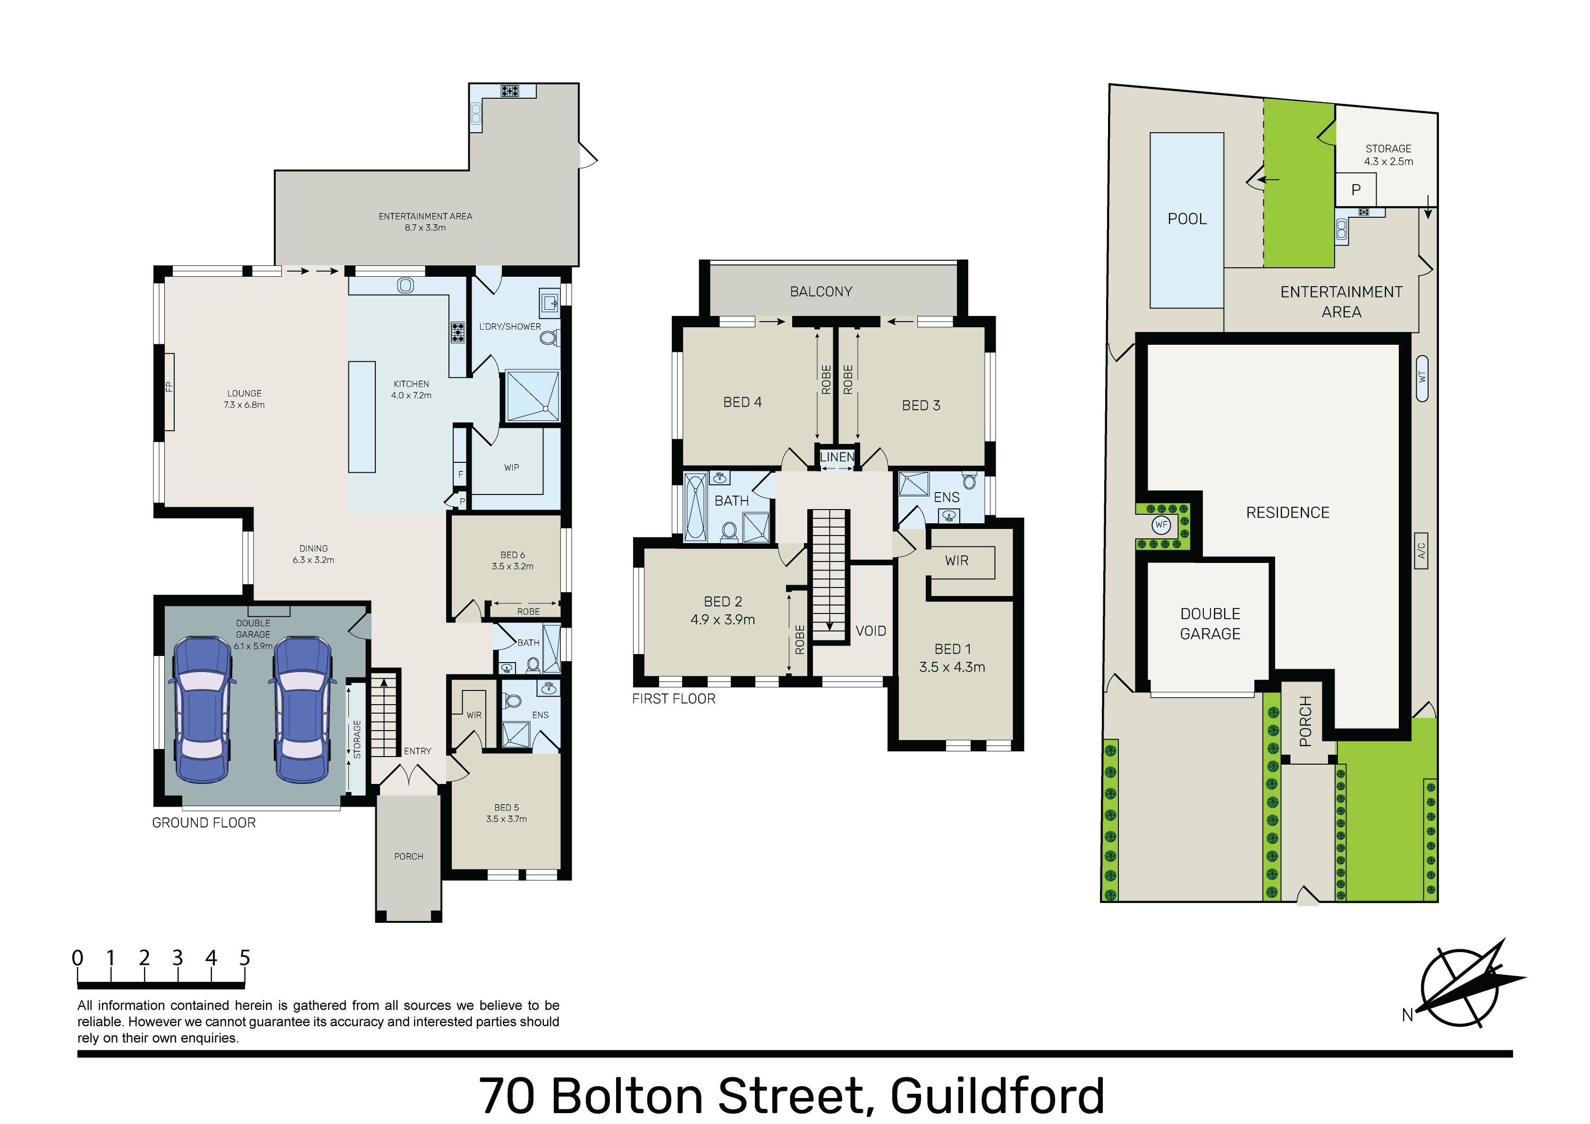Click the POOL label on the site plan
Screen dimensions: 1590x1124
point(1187,219)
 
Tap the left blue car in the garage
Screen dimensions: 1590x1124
point(202,710)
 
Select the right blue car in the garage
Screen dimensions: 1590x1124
point(302,710)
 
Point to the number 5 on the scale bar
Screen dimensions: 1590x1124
point(245,958)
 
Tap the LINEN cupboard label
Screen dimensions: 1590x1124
point(837,457)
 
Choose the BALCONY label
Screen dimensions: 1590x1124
point(821,292)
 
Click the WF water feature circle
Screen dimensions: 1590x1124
point(1161,525)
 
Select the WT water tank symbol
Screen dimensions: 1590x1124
point(1422,378)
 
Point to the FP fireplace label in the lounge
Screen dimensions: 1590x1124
point(168,387)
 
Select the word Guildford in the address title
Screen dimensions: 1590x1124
point(997,1096)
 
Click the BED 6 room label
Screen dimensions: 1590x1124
point(513,555)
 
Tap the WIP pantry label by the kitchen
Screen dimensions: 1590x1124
point(512,468)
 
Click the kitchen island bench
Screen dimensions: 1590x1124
point(362,417)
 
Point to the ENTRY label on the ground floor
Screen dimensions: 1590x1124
point(418,751)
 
